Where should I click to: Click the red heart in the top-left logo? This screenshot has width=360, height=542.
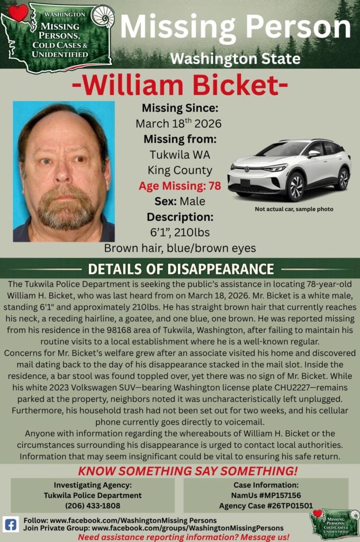coord(18,13)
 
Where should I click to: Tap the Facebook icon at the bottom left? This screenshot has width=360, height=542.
coord(11,524)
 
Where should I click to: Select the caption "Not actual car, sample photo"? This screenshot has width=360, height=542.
coord(294,209)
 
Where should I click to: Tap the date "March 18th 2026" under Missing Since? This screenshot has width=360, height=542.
coord(178,124)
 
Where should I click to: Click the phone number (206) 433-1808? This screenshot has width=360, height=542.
coord(93,505)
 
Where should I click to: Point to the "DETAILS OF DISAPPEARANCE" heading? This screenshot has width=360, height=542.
coord(181,269)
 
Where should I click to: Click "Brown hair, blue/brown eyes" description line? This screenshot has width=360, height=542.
coord(179,248)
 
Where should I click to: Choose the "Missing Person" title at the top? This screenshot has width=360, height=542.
coord(236,28)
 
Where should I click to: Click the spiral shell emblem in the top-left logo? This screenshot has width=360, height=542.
coord(103,15)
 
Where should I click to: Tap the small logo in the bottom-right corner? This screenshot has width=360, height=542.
coord(335,524)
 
